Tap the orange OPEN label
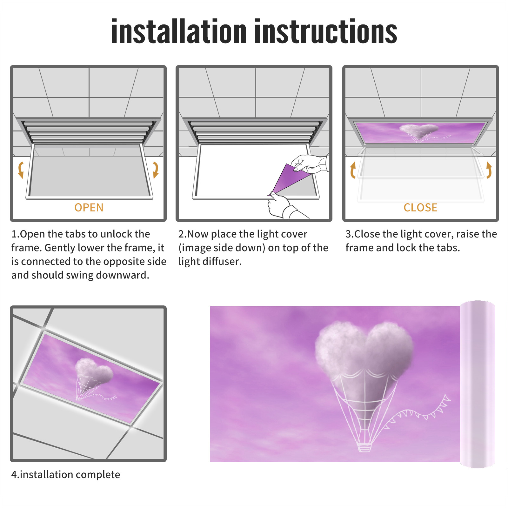pos(89,208)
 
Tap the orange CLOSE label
pos(420,208)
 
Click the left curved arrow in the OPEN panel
pos(21,170)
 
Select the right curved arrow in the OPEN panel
pos(156,170)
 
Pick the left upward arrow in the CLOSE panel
pos(353,170)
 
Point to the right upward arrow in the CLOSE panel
pos(489,170)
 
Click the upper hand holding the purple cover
pos(310,164)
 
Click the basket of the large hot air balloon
pos(364,447)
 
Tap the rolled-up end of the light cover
pos(478,384)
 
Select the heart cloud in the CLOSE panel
pos(419,129)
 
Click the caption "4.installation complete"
pos(66,475)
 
